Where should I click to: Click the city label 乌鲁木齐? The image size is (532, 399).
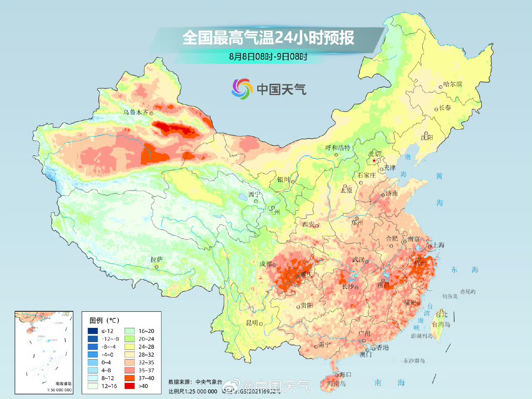(135, 112)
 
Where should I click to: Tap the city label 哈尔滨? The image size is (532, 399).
(453, 84)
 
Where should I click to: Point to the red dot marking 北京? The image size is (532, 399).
(374, 160)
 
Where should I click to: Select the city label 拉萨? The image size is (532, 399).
(157, 259)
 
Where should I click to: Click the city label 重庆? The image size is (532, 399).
(306, 275)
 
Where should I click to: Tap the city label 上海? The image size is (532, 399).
(438, 245)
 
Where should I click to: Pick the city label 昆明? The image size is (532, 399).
(252, 323)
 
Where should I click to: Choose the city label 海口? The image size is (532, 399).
(345, 375)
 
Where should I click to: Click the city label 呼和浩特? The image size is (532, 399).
(337, 148)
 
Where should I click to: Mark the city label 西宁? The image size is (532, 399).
(254, 195)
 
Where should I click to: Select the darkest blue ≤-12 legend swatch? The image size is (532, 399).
(93, 331)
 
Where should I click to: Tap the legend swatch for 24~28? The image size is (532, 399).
(130, 347)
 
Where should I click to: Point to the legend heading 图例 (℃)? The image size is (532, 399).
(104, 320)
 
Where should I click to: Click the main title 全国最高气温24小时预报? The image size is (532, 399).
(268, 38)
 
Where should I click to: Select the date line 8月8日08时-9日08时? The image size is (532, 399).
(268, 56)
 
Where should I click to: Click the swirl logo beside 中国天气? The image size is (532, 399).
(242, 89)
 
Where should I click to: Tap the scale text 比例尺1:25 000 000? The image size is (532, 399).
(193, 391)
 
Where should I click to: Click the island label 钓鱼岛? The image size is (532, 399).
(450, 296)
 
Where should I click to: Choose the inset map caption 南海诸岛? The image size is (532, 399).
(63, 384)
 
